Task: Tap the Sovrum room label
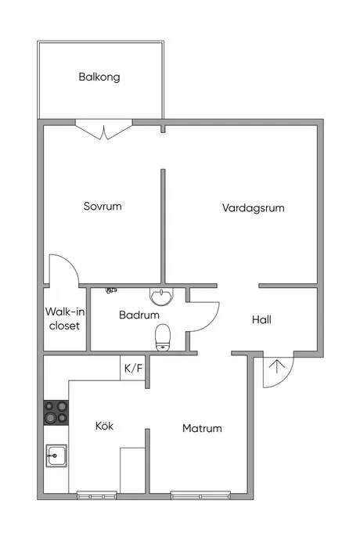pyautogui.click(x=103, y=207)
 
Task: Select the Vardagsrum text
pyautogui.click(x=253, y=208)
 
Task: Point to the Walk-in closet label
pyautogui.click(x=64, y=319)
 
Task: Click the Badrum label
pyautogui.click(x=139, y=315)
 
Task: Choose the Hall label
pyautogui.click(x=262, y=319)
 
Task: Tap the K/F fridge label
pyautogui.click(x=133, y=367)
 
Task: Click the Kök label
pyautogui.click(x=104, y=427)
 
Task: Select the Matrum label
pyautogui.click(x=202, y=428)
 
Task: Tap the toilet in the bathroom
pyautogui.click(x=163, y=337)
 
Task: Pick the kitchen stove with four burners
pyautogui.click(x=56, y=412)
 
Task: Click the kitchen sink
pyautogui.click(x=56, y=455)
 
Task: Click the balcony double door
pyautogui.click(x=103, y=130)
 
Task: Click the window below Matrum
pyautogui.click(x=200, y=495)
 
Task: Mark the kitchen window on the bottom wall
pyautogui.click(x=97, y=495)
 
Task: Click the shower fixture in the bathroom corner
pyautogui.click(x=111, y=290)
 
